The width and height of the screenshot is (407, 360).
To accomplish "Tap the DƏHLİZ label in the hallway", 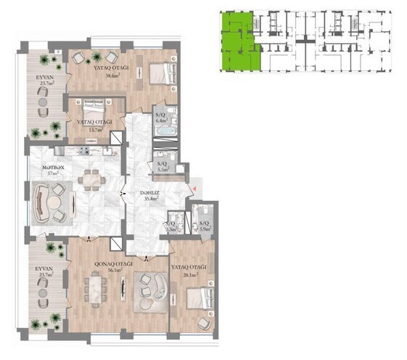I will tap(150, 192).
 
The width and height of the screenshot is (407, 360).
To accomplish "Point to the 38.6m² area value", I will tap(112, 75).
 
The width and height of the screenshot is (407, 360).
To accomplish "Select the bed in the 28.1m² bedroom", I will tap(199, 298).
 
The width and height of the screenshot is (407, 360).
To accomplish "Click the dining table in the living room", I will tap(96, 288).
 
